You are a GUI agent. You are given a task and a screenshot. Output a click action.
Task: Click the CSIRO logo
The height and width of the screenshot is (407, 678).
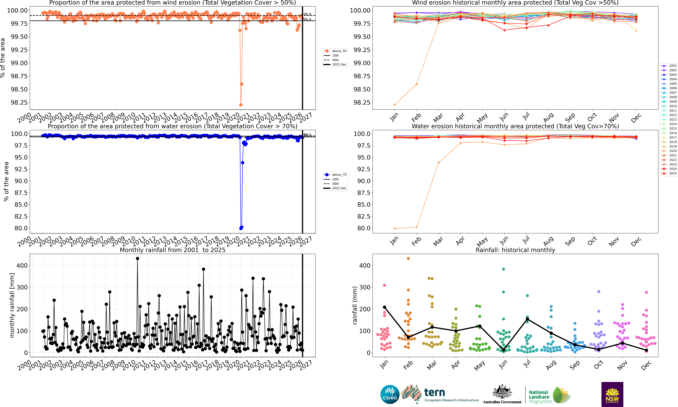(390, 394)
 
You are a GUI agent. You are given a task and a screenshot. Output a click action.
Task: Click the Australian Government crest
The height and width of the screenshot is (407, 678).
(502, 394)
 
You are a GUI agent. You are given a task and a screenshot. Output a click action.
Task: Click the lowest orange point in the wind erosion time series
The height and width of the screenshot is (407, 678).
(241, 105)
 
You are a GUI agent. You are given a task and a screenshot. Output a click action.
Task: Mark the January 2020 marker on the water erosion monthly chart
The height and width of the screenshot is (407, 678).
(394, 228)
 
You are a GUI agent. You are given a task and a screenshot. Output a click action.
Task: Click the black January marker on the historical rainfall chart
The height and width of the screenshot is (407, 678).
(384, 307)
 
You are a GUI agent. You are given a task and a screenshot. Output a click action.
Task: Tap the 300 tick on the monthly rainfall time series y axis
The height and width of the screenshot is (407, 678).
(22, 287)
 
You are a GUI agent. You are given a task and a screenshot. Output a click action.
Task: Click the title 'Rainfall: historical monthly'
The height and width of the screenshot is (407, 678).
(515, 250)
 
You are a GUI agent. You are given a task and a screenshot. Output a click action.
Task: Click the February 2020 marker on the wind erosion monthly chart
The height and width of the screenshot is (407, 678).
(416, 84)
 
